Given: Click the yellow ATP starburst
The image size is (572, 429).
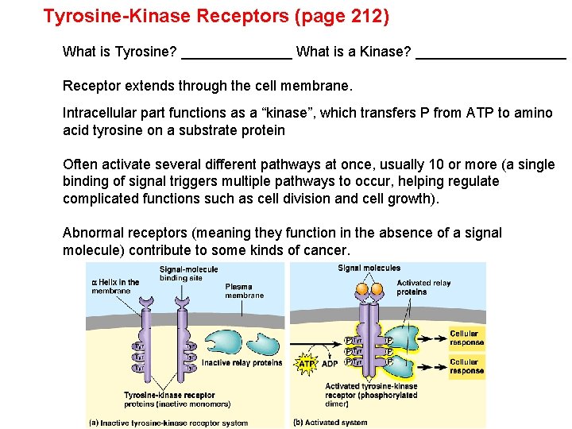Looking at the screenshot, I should pyautogui.click(x=307, y=364).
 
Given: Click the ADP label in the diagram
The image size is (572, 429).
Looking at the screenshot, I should pyautogui.click(x=329, y=365).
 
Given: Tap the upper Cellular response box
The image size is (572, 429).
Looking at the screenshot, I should pyautogui.click(x=466, y=338).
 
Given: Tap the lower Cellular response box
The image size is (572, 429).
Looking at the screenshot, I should pyautogui.click(x=466, y=366).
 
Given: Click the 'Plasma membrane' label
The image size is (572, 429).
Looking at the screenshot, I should pyautogui.click(x=244, y=291).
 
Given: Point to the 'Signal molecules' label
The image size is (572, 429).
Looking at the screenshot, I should pyautogui.click(x=369, y=269).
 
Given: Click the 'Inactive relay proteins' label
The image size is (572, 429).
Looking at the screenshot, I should pyautogui.click(x=242, y=363).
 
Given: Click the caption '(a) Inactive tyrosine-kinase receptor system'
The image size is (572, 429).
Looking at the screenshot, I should pyautogui.click(x=168, y=422).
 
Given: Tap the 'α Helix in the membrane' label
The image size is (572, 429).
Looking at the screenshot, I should pyautogui.click(x=115, y=286).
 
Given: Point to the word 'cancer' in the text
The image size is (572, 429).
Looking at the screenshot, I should pyautogui.click(x=325, y=250).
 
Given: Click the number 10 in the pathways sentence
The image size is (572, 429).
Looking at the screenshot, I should pyautogui.click(x=436, y=164).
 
